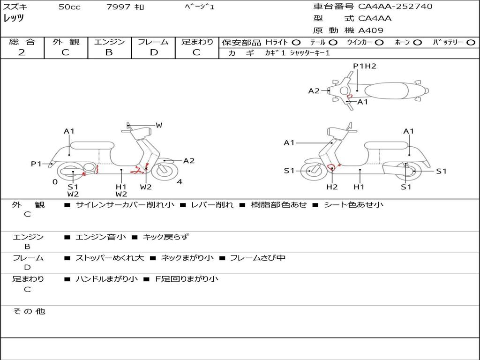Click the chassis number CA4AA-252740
point(395,7)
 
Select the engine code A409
point(371,30)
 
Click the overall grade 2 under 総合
point(22,52)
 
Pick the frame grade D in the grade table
point(154,52)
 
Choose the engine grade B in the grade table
point(109,52)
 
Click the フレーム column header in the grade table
point(154,42)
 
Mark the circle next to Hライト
point(296,42)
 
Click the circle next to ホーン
point(417,42)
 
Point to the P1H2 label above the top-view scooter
point(365,66)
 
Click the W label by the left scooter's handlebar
point(159,125)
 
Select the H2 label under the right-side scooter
point(332,187)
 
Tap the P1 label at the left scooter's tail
point(37,164)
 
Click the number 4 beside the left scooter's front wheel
point(180,182)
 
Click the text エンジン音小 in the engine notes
point(101,237)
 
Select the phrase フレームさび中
point(257,258)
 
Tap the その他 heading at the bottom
point(29,311)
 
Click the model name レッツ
point(14,18)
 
